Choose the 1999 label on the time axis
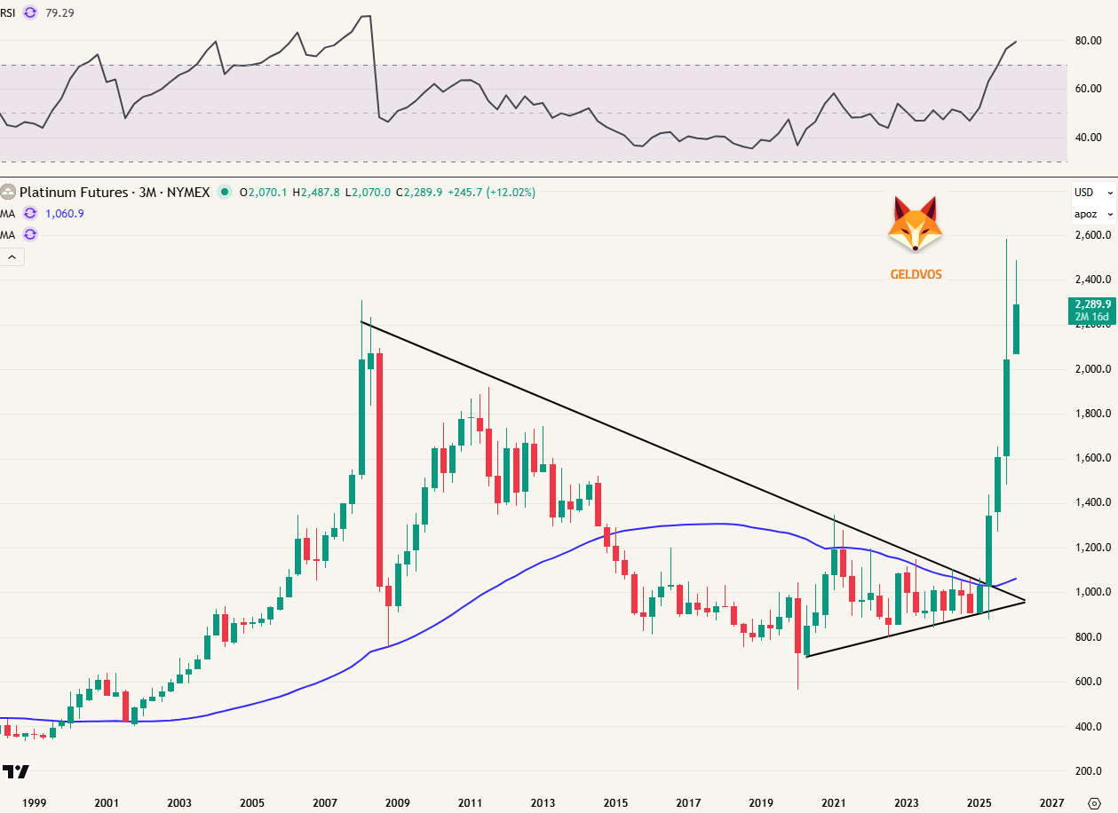pyautogui.click(x=34, y=802)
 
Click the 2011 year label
pyautogui.click(x=470, y=802)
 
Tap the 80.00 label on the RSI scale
pyautogui.click(x=1089, y=41)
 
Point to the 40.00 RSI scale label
pyautogui.click(x=1089, y=138)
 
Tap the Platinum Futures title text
pyautogui.click(x=115, y=192)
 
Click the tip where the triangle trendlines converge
pyautogui.click(x=1025, y=601)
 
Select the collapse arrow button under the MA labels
pyautogui.click(x=12, y=257)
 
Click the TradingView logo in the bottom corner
pyautogui.click(x=13, y=771)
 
